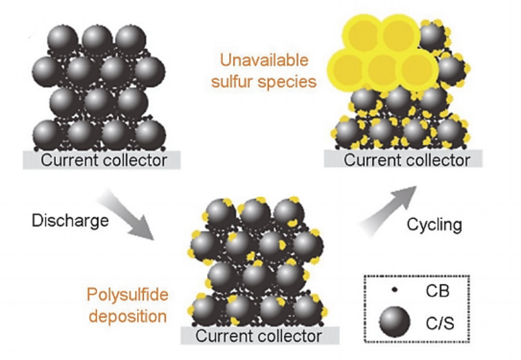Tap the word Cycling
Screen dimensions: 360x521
tap(434, 224)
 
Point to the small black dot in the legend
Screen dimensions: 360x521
tap(394, 289)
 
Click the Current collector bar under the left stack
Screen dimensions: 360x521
tap(103, 160)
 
